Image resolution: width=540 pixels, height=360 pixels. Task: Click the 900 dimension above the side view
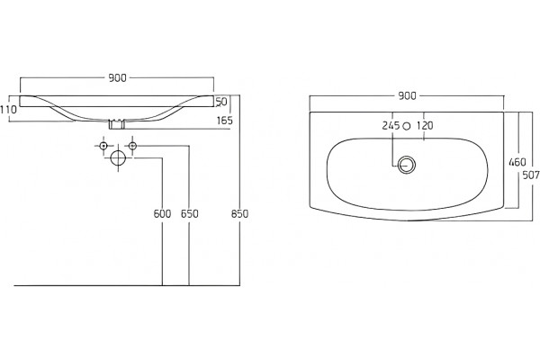(x=117, y=78)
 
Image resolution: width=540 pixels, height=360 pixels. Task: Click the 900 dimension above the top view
(x=407, y=95)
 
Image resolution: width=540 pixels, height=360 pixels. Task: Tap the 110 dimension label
(x=8, y=110)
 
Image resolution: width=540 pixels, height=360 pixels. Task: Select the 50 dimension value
(x=221, y=102)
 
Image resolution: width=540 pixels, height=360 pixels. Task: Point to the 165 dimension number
(x=225, y=121)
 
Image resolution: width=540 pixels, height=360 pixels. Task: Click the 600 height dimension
(x=162, y=214)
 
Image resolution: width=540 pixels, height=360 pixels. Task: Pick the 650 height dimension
(x=189, y=214)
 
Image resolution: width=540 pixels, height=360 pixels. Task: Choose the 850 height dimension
(x=239, y=214)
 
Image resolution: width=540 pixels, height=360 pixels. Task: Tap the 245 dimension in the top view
(x=391, y=126)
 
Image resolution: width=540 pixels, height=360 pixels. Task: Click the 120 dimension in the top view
(x=425, y=126)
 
